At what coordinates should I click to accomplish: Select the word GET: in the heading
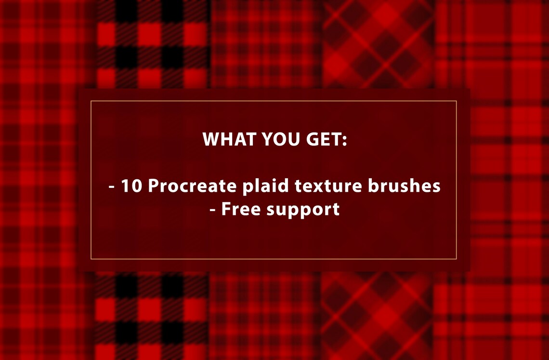point(327,139)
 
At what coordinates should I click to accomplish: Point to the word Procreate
point(193,186)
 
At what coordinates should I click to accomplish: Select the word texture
point(328,186)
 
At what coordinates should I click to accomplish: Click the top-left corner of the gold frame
point(91,101)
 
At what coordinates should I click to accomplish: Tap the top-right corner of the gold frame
point(456,101)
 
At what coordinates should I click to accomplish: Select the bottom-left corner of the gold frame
point(91,259)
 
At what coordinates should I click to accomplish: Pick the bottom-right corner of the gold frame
point(456,259)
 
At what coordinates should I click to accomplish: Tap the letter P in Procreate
point(153,186)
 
